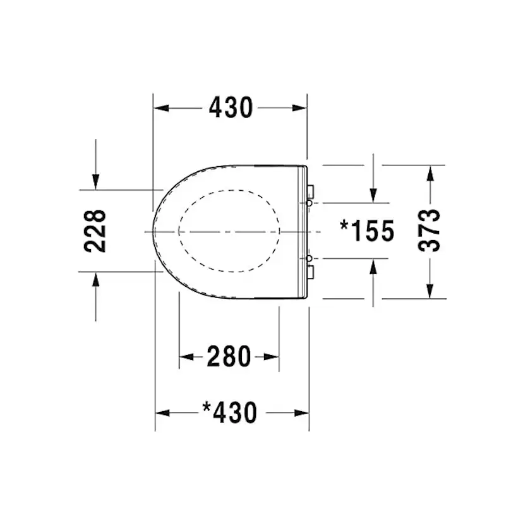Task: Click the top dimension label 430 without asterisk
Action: (x=231, y=108)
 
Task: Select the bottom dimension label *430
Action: (x=230, y=412)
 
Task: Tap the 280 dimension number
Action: (x=229, y=356)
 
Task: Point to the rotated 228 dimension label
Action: (x=95, y=231)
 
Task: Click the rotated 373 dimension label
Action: (x=430, y=231)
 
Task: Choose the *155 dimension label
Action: (x=367, y=231)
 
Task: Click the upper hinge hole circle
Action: (x=310, y=203)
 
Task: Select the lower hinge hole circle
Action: (x=310, y=258)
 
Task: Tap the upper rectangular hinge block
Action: (x=311, y=192)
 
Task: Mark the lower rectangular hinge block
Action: (x=311, y=272)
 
